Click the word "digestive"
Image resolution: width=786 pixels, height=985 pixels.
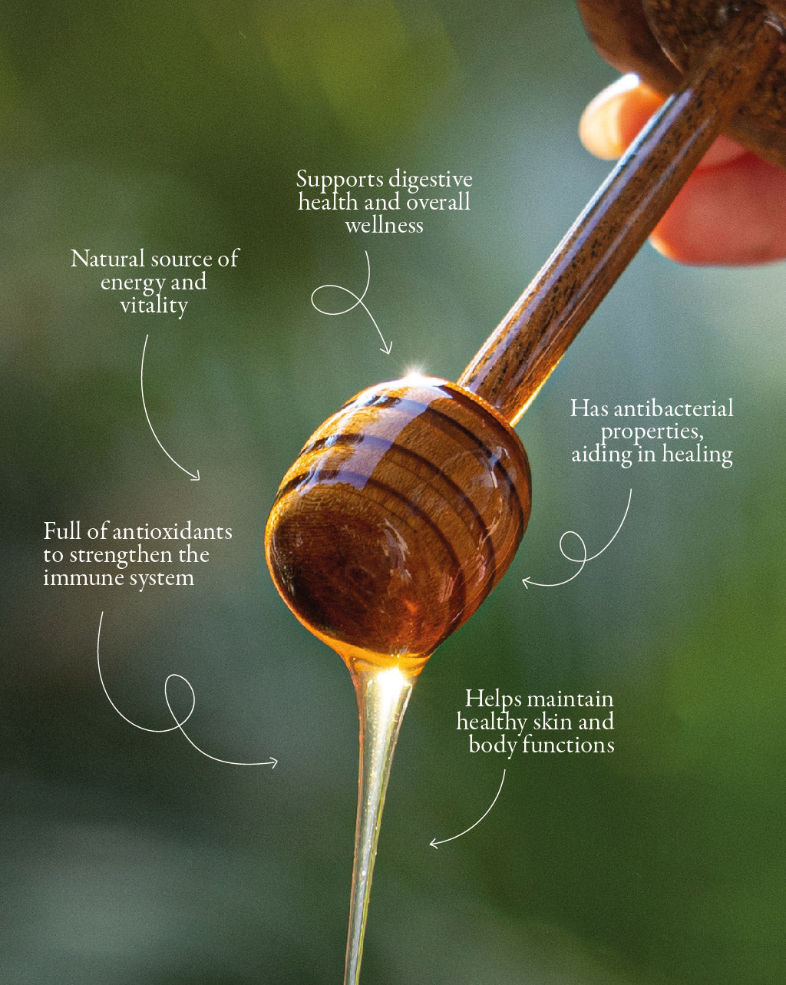tap(431, 180)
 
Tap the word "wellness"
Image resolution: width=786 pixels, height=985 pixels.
tap(384, 225)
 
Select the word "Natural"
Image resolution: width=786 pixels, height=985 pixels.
tap(108, 259)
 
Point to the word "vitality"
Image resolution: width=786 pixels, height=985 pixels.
tap(154, 306)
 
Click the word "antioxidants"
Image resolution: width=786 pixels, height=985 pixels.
tap(172, 532)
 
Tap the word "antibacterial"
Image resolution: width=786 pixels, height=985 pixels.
tap(673, 408)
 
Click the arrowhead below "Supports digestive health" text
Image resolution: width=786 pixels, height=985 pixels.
tap(388, 349)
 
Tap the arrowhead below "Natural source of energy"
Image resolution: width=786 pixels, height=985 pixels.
tap(196, 475)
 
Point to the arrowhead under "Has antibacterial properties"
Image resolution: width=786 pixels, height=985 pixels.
tap(527, 582)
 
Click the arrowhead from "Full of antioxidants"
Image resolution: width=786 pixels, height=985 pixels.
tap(273, 763)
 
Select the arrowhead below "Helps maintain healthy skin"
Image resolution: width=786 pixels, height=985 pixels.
tap(434, 844)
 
